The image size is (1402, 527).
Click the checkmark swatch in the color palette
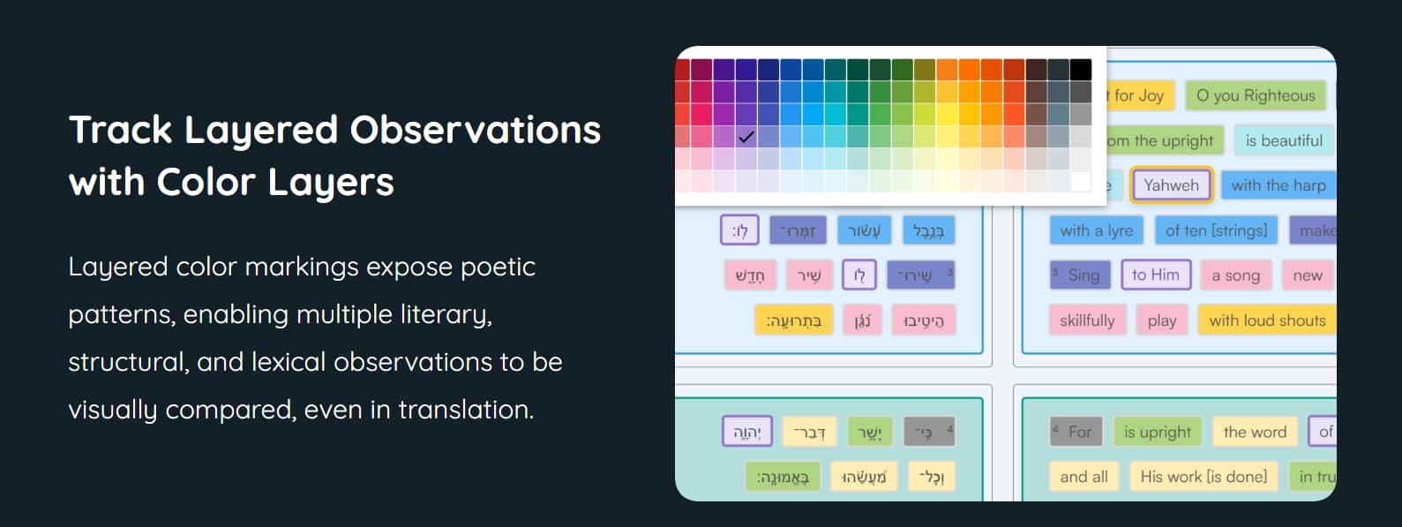click(x=746, y=137)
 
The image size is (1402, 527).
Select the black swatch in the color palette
click(x=1081, y=70)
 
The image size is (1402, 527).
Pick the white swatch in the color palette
click(x=1081, y=182)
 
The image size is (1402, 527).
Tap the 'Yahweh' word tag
click(x=1171, y=185)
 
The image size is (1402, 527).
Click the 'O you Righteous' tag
click(x=1256, y=95)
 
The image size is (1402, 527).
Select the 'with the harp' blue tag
click(x=1278, y=185)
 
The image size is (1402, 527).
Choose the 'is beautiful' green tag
click(x=1283, y=140)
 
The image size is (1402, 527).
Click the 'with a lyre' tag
click(x=1096, y=230)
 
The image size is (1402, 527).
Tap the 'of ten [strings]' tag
click(x=1216, y=230)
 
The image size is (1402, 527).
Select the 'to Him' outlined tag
click(x=1155, y=275)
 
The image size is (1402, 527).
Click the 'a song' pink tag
click(x=1235, y=275)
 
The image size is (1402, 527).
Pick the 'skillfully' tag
click(x=1087, y=320)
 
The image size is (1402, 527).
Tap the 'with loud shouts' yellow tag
click(x=1267, y=320)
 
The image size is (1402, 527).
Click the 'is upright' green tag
click(x=1157, y=432)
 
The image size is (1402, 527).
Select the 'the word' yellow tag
click(x=1255, y=432)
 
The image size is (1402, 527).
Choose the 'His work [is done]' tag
click(x=1203, y=477)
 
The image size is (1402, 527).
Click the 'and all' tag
click(x=1083, y=477)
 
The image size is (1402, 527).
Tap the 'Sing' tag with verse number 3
click(x=1076, y=275)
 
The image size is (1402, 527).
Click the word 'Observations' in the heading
click(x=475, y=130)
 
